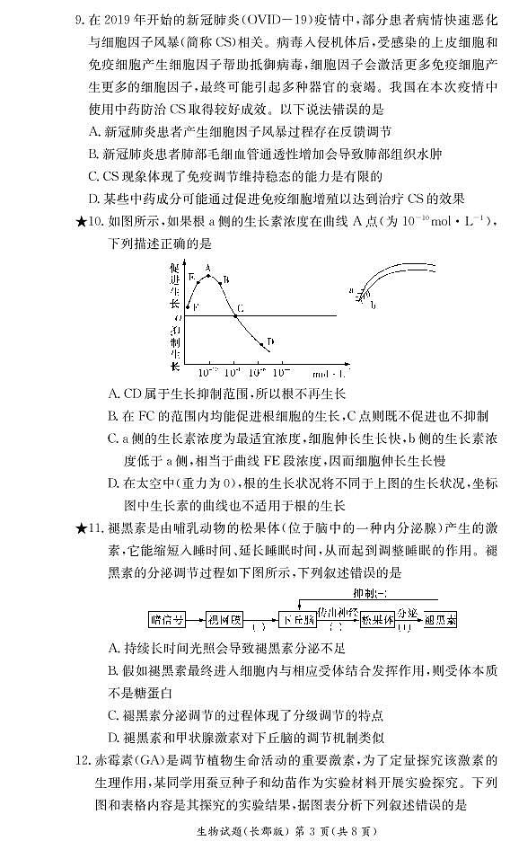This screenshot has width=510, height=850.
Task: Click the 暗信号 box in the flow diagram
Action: point(167,619)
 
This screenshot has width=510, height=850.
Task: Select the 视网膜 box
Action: point(224,619)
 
